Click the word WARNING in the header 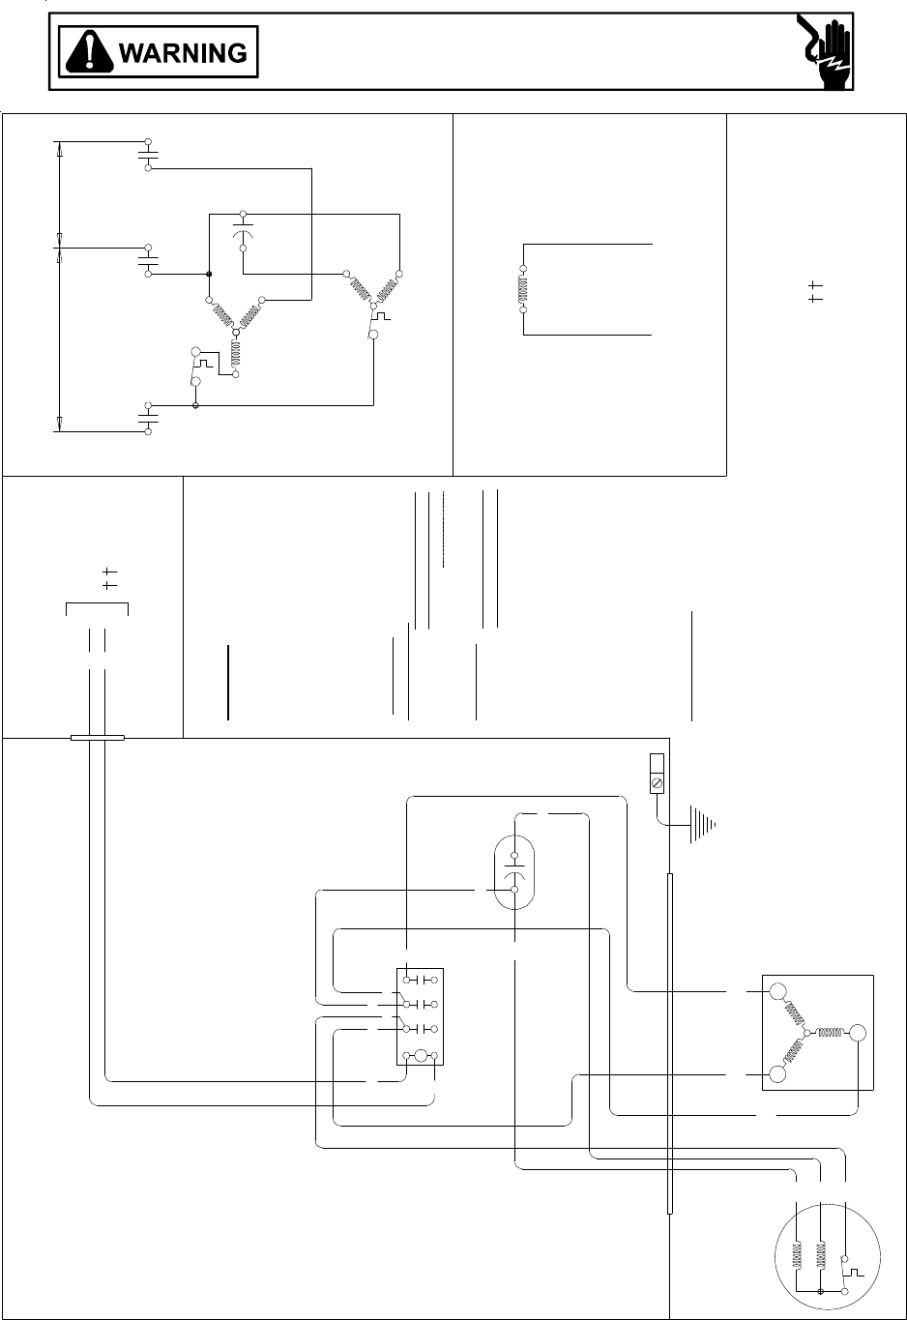[183, 52]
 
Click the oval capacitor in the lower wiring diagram [514, 873]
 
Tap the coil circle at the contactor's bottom [422, 1056]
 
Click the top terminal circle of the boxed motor [777, 991]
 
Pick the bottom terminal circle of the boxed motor [777, 1074]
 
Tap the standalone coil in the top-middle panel [523, 289]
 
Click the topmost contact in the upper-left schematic [148, 154]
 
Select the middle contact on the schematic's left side [148, 260]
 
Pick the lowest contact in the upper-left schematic [148, 418]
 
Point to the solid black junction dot [209, 274]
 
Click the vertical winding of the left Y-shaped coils [235, 355]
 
